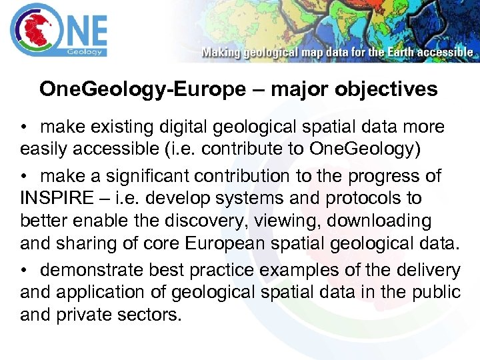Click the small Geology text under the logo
pos(85,51)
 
